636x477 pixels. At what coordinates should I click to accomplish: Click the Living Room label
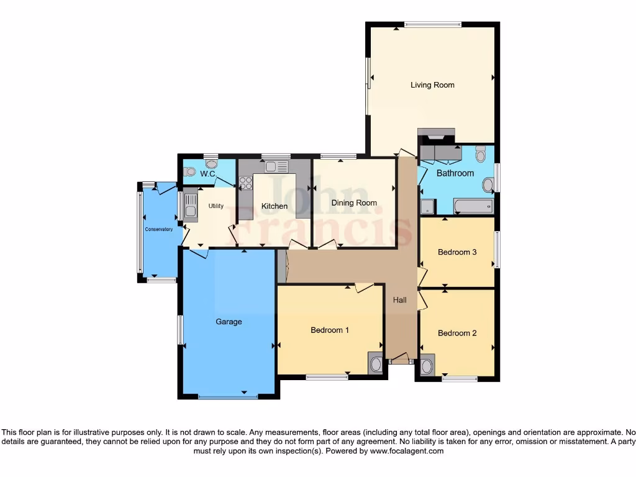pos(432,85)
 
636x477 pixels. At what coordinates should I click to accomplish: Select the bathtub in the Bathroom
pos(473,206)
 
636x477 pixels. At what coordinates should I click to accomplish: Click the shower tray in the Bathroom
pos(427,206)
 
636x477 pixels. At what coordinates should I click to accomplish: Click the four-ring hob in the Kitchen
pos(245,183)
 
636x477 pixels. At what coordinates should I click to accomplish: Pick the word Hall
pos(399,300)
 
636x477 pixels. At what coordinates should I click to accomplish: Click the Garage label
pos(229,322)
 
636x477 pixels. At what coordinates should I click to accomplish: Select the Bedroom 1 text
pos(329,330)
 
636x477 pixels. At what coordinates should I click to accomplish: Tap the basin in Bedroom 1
pos(376,363)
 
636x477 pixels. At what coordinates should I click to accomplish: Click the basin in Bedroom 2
pos(427,366)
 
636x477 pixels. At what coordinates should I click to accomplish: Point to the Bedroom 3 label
pos(457,252)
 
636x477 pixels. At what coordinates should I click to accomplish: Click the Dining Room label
pos(354,203)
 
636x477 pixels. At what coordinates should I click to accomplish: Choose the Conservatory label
pos(159,230)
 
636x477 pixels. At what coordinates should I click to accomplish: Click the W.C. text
pos(207,175)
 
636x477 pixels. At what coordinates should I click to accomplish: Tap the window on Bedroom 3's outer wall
pos(497,249)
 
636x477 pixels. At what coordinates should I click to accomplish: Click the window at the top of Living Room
pos(432,25)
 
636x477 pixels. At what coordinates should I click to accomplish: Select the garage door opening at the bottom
pos(228,396)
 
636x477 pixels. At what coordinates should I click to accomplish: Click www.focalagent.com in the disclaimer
pos(407,452)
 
